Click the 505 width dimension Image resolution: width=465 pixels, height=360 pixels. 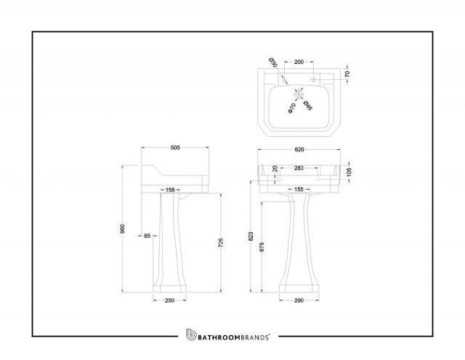click(x=175, y=148)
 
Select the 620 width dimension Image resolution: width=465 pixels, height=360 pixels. click(x=299, y=150)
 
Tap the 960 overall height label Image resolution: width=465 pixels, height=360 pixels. click(x=123, y=228)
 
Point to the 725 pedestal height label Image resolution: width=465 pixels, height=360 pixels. click(x=220, y=243)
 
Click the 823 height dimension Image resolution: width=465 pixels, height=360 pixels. click(x=251, y=236)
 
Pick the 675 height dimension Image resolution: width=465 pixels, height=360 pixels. click(x=262, y=247)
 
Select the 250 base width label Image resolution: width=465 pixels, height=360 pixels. click(x=169, y=300)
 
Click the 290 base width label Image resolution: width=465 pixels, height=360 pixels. click(x=299, y=300)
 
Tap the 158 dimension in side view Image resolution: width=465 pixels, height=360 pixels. click(x=170, y=190)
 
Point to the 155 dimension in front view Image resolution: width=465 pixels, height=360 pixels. click(x=299, y=189)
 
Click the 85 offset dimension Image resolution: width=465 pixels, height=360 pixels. click(x=147, y=236)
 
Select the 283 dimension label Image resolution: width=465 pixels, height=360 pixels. click(x=299, y=168)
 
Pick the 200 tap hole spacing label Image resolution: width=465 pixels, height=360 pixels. click(x=299, y=62)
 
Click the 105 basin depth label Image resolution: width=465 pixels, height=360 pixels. click(x=349, y=172)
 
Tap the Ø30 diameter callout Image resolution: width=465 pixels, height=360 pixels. click(x=273, y=63)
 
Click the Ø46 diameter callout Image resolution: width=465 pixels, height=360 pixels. click(x=308, y=105)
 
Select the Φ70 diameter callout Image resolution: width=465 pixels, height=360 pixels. click(x=292, y=108)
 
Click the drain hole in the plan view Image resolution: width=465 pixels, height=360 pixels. click(x=299, y=94)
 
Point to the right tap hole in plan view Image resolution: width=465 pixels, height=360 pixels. click(x=313, y=79)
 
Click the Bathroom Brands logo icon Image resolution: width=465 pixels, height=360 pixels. click(x=191, y=335)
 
